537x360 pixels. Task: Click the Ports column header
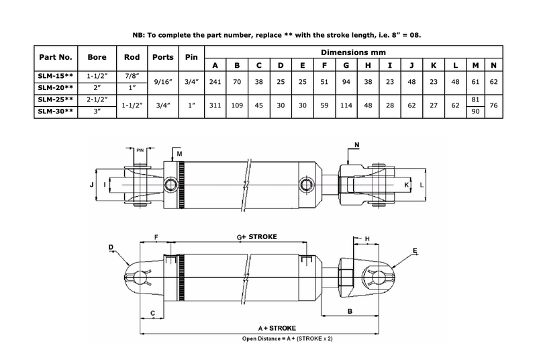pos(163,56)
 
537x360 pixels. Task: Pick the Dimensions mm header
pos(355,50)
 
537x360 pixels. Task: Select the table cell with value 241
pos(215,83)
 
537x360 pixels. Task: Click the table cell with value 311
pos(215,105)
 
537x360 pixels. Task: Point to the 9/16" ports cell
pos(163,83)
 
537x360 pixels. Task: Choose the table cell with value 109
pos(237,105)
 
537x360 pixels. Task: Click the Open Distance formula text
pos(287,339)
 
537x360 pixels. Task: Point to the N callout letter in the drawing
pos(356,144)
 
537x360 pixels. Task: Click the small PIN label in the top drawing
pos(140,150)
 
